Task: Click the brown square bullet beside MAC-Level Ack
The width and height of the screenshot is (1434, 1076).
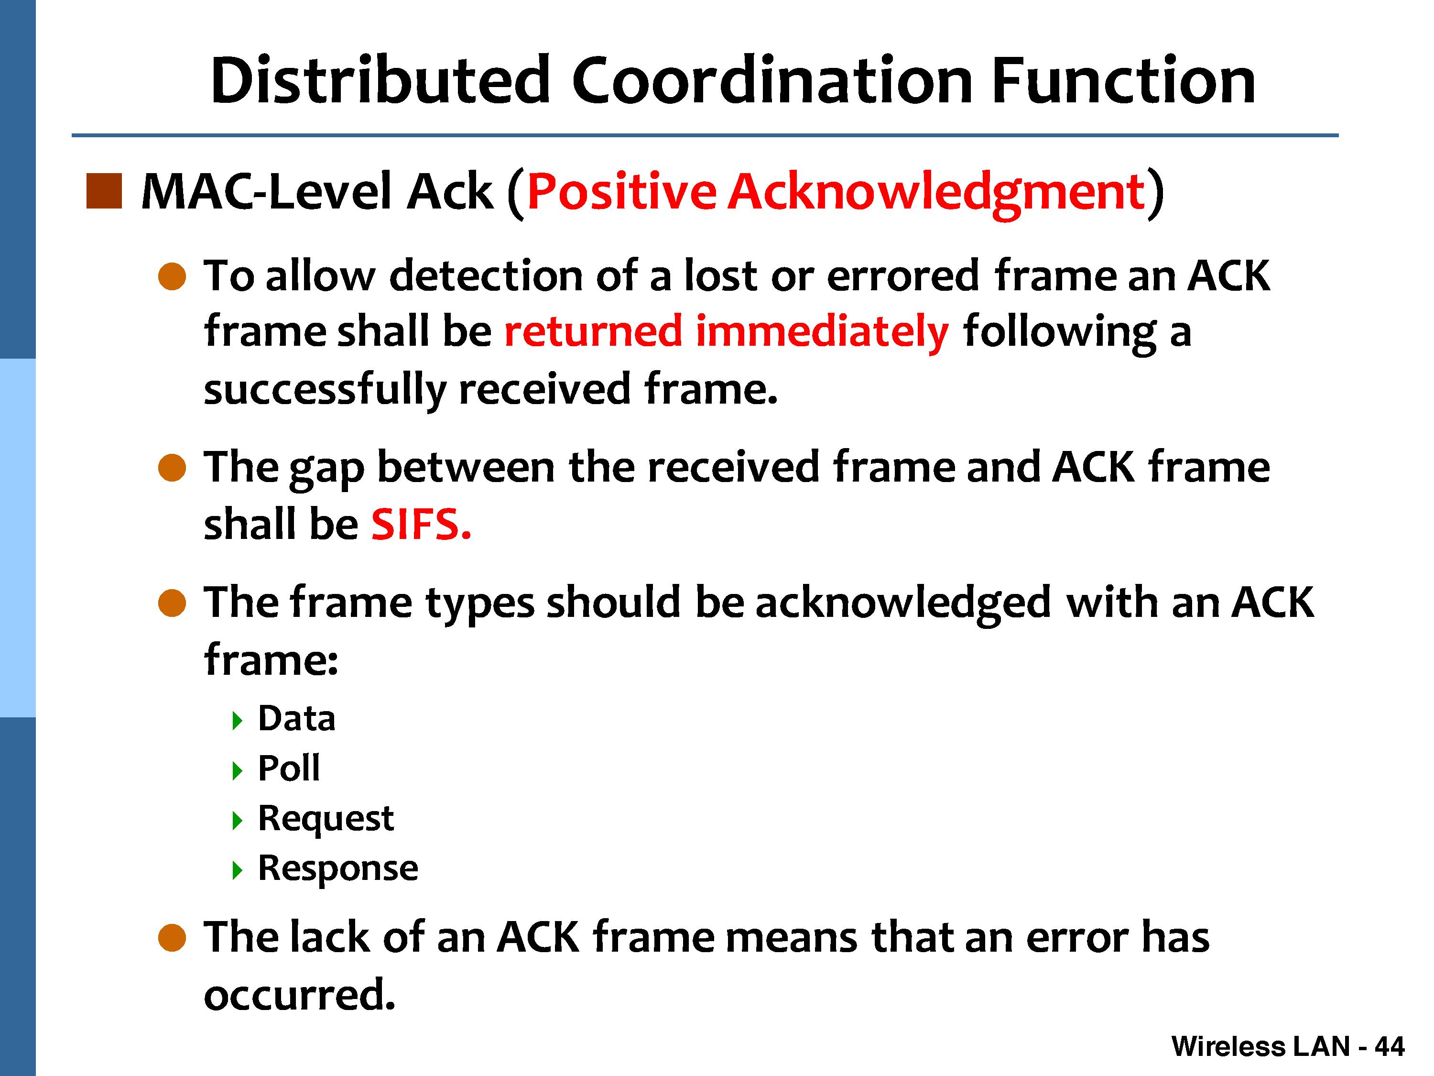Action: pyautogui.click(x=104, y=191)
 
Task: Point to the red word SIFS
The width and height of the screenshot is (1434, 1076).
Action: pyautogui.click(x=421, y=524)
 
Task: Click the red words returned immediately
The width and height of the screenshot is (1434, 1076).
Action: pyautogui.click(x=727, y=332)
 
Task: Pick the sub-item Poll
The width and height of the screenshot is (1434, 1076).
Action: pyautogui.click(x=289, y=769)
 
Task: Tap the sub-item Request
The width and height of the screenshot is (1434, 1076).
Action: pyautogui.click(x=326, y=819)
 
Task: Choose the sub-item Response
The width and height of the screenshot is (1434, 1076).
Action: pyautogui.click(x=338, y=868)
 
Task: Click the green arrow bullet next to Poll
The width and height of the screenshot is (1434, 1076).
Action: pyautogui.click(x=237, y=770)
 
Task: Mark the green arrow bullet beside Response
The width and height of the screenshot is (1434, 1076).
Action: pyautogui.click(x=237, y=870)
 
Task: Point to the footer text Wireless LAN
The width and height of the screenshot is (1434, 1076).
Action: pyautogui.click(x=1261, y=1047)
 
